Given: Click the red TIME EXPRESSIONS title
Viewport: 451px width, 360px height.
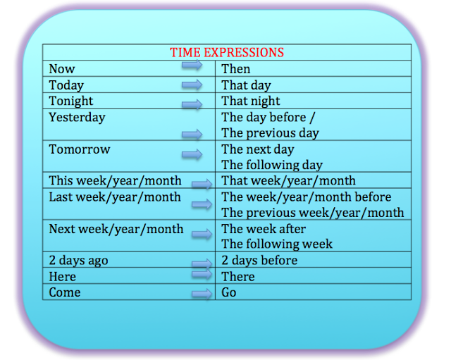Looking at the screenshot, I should [x=227, y=53].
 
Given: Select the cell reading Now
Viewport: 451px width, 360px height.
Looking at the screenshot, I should [x=62, y=69].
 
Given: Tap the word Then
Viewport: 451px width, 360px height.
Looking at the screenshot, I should [x=235, y=69].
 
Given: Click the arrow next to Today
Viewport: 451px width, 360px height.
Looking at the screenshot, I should [x=191, y=85].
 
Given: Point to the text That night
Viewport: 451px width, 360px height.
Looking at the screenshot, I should [x=250, y=101].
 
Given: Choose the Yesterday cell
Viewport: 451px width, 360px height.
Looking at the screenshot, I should [x=77, y=118].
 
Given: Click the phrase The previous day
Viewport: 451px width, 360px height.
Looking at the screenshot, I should [x=270, y=133].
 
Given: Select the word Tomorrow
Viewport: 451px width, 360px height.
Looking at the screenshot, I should [x=80, y=149].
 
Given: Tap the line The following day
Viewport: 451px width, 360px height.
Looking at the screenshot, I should [x=271, y=165].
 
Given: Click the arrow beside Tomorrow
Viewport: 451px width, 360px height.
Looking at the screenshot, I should [x=191, y=154].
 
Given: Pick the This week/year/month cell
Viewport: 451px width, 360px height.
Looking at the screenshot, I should [x=115, y=181].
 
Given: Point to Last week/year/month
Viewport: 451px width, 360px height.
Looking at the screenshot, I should [x=115, y=197].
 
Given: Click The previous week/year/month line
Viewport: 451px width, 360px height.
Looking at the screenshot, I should [x=313, y=213].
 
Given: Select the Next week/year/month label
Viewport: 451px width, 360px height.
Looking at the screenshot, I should [x=116, y=229].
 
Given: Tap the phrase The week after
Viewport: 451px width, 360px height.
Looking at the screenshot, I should [x=264, y=229].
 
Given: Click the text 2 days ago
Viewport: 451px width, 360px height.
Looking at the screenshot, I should [x=78, y=261].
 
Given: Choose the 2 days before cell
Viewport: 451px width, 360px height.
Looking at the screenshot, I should [x=259, y=261].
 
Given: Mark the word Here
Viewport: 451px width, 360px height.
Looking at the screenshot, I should [x=62, y=277].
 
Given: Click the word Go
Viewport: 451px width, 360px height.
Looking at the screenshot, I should [x=229, y=292].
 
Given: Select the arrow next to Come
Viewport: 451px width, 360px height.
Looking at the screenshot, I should [x=201, y=294].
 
